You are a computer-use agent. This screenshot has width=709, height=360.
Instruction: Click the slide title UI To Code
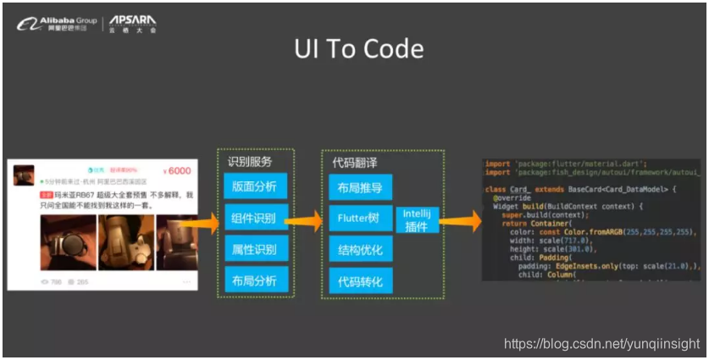[x=359, y=48]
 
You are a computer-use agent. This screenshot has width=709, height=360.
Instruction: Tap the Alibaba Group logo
[x=57, y=23]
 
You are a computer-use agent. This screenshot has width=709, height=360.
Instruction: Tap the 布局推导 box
[x=359, y=188]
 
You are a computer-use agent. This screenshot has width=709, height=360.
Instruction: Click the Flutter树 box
[x=359, y=219]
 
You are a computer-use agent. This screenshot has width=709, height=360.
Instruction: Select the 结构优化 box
[x=359, y=250]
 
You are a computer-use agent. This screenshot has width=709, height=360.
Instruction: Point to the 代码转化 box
[x=359, y=281]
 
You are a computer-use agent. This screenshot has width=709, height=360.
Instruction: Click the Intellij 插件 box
[x=417, y=219]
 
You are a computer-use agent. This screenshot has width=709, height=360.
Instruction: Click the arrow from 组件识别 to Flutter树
[x=304, y=220]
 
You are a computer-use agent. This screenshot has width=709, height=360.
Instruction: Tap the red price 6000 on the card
[x=176, y=170]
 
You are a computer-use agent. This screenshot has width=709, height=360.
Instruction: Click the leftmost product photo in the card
[x=68, y=241]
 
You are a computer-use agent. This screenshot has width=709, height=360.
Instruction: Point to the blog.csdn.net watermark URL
[x=601, y=344]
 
